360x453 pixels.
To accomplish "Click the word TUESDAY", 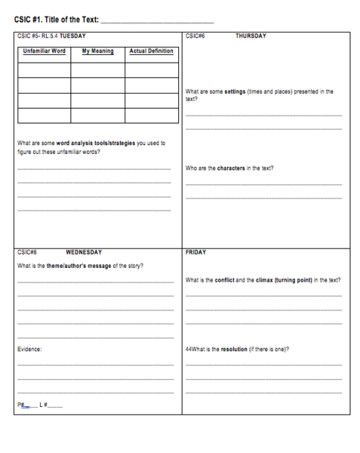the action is [x=72, y=35].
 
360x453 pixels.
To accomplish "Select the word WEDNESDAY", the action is [x=84, y=252].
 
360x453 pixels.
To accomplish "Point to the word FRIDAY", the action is [x=195, y=252].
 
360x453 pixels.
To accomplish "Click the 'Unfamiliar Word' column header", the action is [x=45, y=51].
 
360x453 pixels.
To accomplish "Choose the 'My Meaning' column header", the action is [x=97, y=51].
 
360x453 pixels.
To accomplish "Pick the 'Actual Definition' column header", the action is [x=151, y=51].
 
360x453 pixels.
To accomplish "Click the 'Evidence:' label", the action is [x=30, y=350].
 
